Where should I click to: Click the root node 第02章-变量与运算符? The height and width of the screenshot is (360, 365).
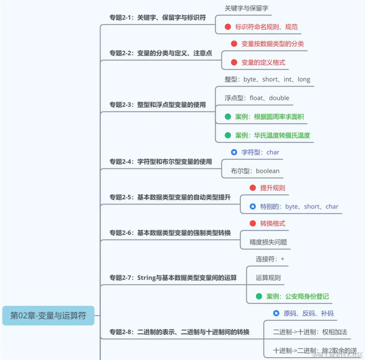click(x=48, y=315)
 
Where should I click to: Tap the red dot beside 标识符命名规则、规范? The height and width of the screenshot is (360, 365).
click(x=228, y=27)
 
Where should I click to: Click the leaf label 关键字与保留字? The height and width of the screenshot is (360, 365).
click(x=246, y=9)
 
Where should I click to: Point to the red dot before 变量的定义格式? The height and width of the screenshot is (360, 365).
click(x=234, y=62)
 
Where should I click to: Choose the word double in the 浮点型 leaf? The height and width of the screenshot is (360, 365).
click(x=279, y=98)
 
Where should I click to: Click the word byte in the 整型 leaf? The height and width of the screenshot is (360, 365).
click(x=250, y=79)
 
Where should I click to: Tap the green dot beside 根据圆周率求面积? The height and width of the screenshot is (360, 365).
click(x=228, y=117)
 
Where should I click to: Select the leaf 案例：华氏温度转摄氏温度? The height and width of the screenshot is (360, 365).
click(x=272, y=136)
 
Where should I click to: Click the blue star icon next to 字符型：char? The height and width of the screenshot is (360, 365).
click(x=234, y=152)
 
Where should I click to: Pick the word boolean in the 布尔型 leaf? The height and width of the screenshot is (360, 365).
click(x=268, y=171)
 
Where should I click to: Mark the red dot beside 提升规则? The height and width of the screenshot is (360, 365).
click(x=252, y=188)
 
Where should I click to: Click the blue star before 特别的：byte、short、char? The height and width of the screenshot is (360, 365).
click(x=252, y=206)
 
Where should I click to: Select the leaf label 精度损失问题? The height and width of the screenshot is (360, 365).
click(x=268, y=242)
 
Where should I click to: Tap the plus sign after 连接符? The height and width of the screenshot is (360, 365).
click(x=282, y=259)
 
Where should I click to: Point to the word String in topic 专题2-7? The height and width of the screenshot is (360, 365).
click(x=147, y=278)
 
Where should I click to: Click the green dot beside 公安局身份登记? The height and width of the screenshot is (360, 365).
click(x=259, y=296)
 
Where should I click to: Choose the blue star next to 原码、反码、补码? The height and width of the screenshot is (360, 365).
click(x=276, y=313)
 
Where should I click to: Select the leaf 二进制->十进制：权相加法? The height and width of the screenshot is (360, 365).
click(x=310, y=332)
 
